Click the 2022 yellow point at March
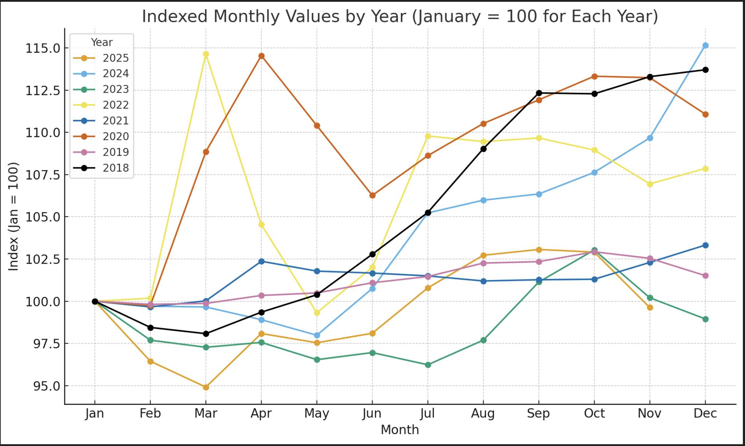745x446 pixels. pos(206,54)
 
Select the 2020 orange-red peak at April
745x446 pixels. pos(262,56)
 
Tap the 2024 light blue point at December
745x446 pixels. pos(705,45)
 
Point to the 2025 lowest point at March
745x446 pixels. pos(206,387)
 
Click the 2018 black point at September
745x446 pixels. pos(539,93)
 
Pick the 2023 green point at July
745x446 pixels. pos(428,365)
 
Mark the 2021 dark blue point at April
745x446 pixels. pos(262,262)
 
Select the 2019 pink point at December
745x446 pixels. pos(705,276)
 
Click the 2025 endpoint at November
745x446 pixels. pos(650,308)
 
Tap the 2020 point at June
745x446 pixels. pos(372,195)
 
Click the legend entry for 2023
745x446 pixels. pos(115,89)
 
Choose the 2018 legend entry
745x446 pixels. pos(115,168)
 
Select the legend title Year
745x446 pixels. pos(101,43)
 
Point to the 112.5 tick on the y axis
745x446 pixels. pos(42,91)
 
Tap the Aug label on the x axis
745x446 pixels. pos(483,414)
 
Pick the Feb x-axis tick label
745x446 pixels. pos(150,414)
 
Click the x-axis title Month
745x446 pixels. pos(400,430)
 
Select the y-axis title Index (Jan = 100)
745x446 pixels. pos(13,216)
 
